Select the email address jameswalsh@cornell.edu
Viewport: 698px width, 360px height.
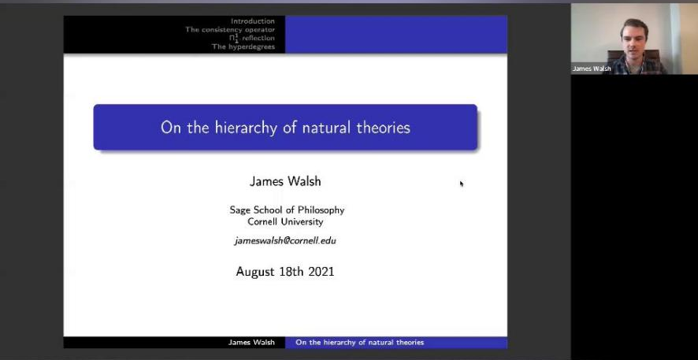(285, 241)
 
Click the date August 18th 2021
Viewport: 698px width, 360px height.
(285, 272)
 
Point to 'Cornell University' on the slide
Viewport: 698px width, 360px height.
(285, 221)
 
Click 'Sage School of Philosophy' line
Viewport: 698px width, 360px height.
(287, 210)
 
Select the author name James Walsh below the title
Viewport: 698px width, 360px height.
(285, 181)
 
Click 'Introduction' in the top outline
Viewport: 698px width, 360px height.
(252, 21)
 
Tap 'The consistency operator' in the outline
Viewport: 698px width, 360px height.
(230, 30)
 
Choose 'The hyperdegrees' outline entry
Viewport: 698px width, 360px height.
(243, 46)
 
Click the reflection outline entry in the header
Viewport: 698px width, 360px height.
(251, 39)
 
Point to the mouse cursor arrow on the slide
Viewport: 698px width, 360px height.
(462, 184)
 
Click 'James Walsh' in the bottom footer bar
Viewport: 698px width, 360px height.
(251, 342)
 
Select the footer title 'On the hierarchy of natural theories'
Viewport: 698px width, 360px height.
(360, 342)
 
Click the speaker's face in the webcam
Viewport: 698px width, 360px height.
(634, 38)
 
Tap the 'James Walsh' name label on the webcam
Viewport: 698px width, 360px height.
(591, 69)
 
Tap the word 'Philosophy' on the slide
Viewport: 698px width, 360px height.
(321, 210)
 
